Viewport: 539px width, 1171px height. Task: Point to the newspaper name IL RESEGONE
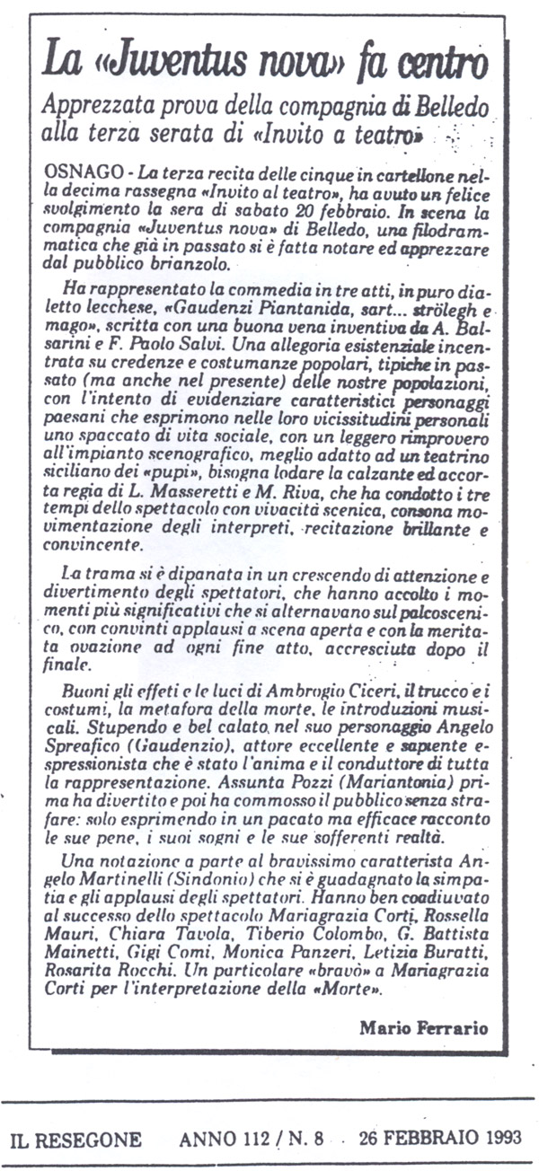tap(75, 1140)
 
